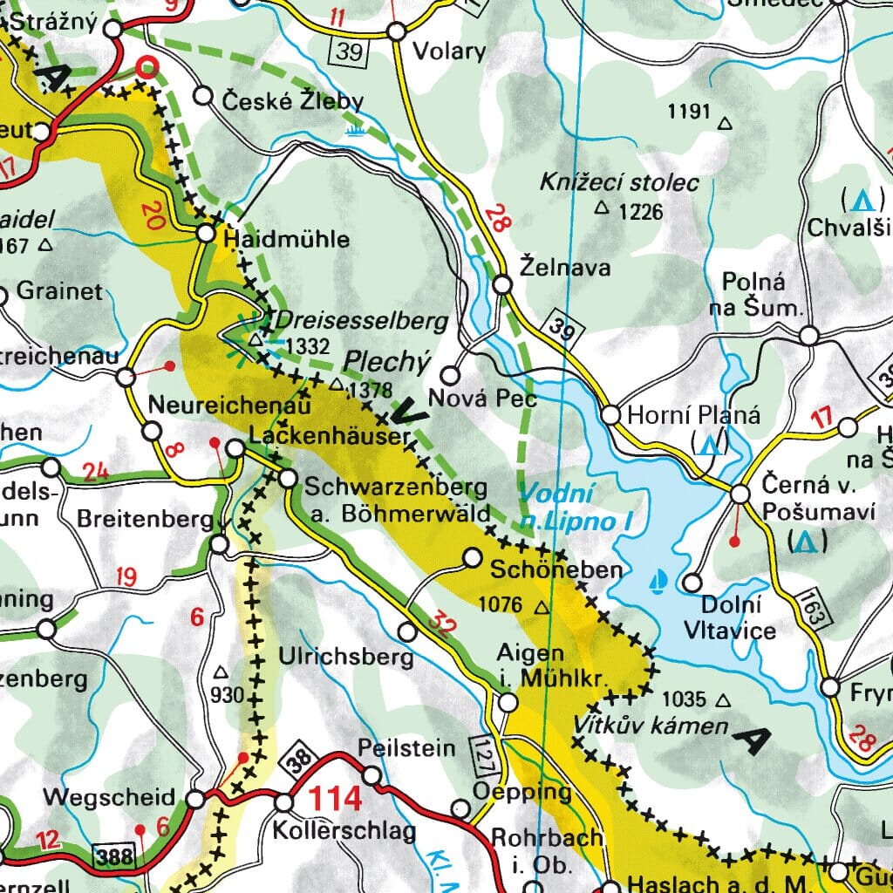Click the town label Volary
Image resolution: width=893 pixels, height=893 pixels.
point(448,51)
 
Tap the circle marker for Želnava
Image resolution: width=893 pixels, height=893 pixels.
point(502,285)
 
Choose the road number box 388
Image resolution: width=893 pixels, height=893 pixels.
point(115,856)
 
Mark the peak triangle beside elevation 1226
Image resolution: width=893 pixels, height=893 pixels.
point(601,208)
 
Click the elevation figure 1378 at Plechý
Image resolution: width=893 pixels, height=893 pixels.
point(370,390)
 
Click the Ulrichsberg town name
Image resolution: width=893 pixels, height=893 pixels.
point(345,657)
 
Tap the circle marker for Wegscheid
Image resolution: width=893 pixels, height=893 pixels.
point(197,799)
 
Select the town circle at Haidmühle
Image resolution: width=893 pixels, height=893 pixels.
point(206,235)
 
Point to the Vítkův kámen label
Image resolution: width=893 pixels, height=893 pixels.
point(651,726)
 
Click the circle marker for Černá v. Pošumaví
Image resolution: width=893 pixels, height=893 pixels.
point(740,494)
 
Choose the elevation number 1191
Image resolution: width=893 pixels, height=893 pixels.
point(689,112)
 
